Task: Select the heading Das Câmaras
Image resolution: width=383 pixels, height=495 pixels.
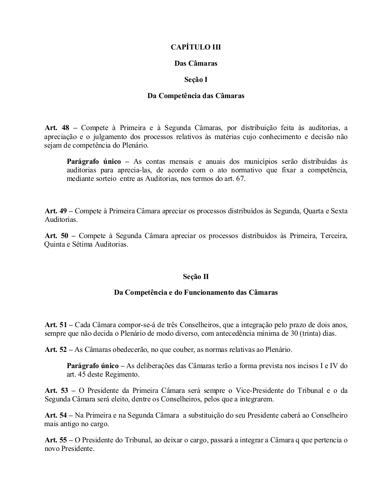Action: tap(196, 63)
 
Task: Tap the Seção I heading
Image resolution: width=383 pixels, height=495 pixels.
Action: tap(196, 80)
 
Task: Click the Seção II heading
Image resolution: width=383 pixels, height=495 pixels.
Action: tap(196, 276)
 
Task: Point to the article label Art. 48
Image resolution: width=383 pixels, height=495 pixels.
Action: tap(54, 128)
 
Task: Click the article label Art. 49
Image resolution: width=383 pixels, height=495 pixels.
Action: tap(54, 211)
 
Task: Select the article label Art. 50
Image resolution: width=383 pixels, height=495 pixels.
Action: tap(54, 236)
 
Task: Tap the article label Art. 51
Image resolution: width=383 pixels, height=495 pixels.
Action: tap(54, 324)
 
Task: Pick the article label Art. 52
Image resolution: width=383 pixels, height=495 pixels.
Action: tap(54, 350)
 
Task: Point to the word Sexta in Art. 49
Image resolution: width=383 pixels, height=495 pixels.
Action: tap(338, 211)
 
